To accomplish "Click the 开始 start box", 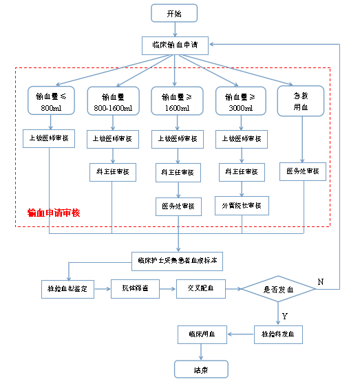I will (174, 13).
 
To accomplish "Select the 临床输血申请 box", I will (174, 45).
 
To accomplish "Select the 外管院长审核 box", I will (240, 205).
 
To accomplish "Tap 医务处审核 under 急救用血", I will (301, 171).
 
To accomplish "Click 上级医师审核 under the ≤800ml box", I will (49, 138).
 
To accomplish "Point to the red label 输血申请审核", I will (54, 213).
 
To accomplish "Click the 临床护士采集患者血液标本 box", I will (177, 260).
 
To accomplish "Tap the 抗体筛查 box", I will (134, 288).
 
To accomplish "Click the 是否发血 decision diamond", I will (279, 290).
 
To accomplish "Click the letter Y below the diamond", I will (285, 316).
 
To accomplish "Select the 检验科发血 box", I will (278, 335).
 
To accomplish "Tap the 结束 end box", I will (200, 369).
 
